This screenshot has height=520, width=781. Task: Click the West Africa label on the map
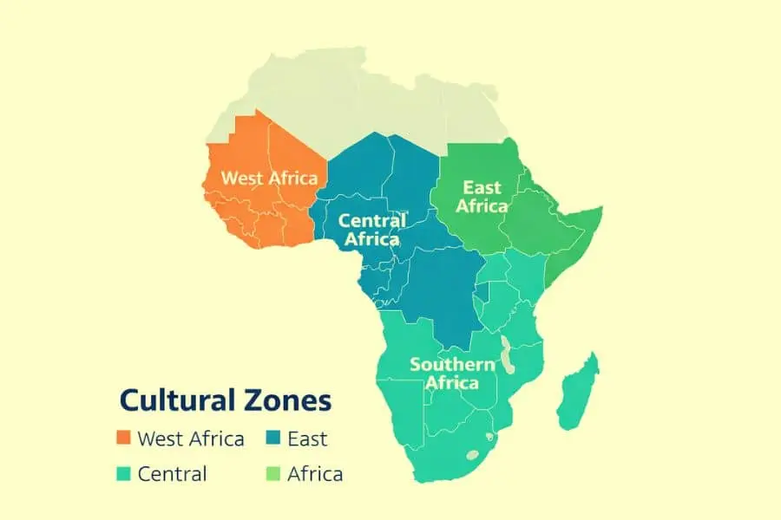tap(269, 178)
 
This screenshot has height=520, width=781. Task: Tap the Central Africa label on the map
tap(371, 230)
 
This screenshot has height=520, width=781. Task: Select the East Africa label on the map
tap(482, 197)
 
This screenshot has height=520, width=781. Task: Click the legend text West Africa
tap(191, 439)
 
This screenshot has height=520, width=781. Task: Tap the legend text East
tap(307, 439)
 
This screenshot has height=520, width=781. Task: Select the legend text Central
tap(173, 474)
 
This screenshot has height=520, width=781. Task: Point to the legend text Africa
tap(315, 474)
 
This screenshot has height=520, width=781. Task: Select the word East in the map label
tap(482, 187)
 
